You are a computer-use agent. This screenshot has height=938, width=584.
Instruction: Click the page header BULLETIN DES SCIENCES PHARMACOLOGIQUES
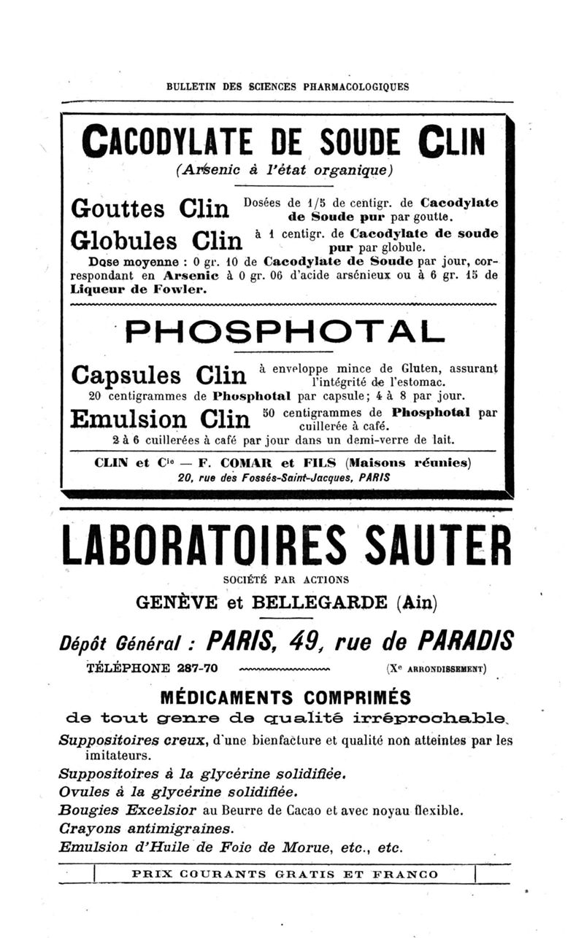[x=288, y=86]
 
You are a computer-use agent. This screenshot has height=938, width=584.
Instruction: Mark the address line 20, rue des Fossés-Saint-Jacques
[x=284, y=479]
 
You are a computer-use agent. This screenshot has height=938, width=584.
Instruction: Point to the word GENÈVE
[x=174, y=603]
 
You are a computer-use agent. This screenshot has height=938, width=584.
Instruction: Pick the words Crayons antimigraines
[x=146, y=828]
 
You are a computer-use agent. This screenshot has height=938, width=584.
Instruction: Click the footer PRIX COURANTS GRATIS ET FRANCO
[x=285, y=874]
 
